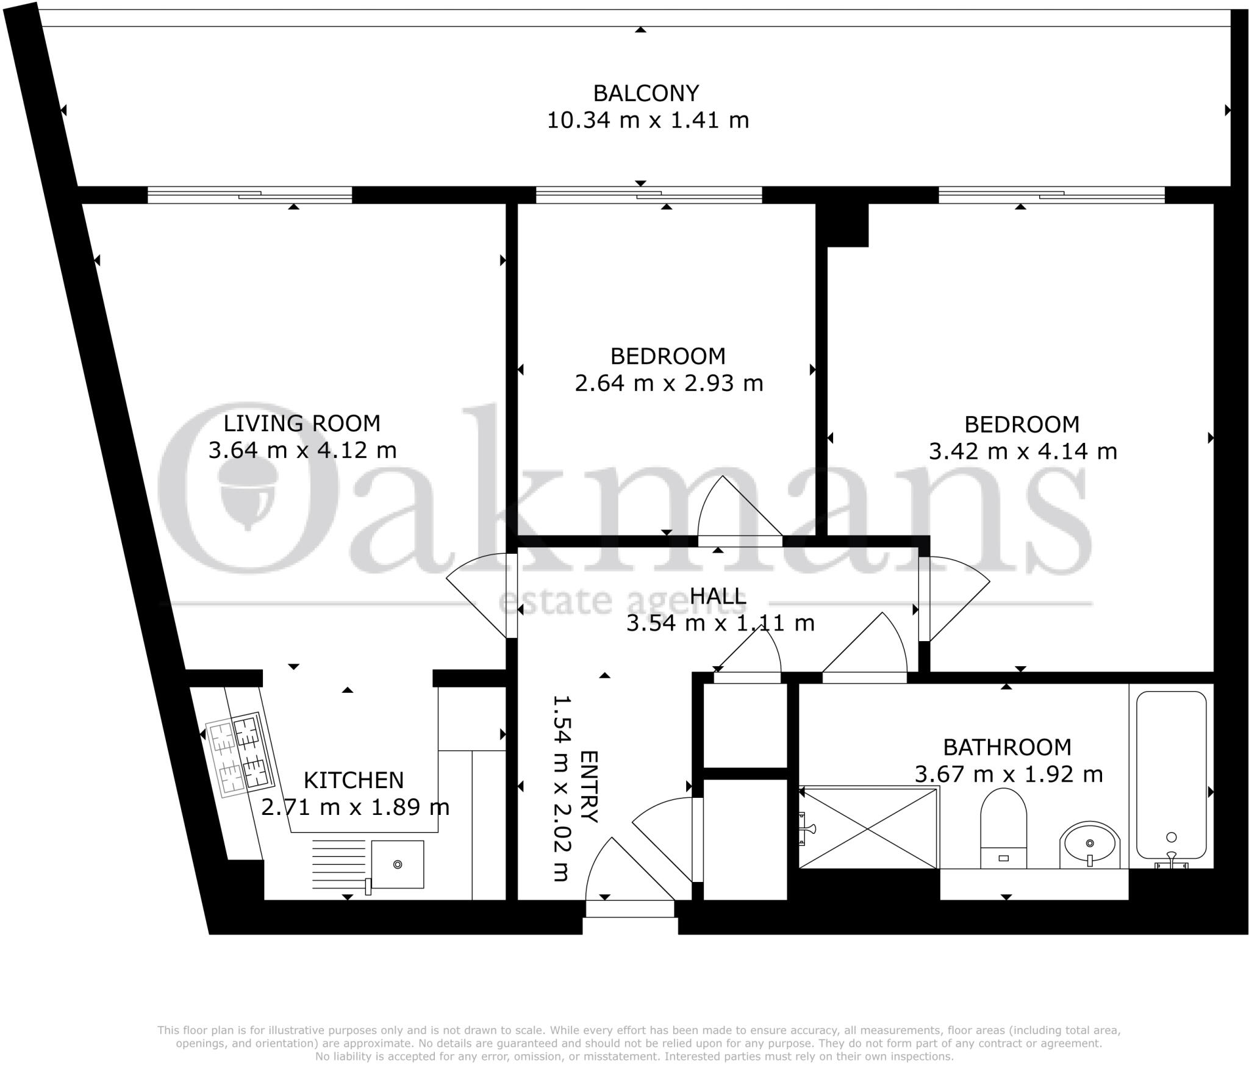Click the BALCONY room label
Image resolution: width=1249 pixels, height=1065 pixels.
coord(646,93)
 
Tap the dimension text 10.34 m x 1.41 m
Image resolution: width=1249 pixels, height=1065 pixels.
coord(647,121)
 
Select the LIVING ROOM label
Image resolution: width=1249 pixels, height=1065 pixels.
coord(301,423)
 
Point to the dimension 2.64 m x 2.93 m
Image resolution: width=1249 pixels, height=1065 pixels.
coord(668,384)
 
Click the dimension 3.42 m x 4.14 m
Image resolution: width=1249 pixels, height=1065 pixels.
coord(1022,452)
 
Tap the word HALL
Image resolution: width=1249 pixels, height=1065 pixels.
coord(718,596)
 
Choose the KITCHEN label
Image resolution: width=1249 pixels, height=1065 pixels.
coord(353,780)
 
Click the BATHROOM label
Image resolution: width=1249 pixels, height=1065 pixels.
coord(1007,747)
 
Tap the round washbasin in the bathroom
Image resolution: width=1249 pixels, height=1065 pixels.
coord(1089,845)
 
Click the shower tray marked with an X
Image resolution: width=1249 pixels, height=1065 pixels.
coord(868,828)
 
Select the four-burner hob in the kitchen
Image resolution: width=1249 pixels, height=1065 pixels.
coord(239,755)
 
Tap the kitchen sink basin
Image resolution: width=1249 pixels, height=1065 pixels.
coord(398,864)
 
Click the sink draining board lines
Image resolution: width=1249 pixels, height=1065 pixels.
coord(338,859)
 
